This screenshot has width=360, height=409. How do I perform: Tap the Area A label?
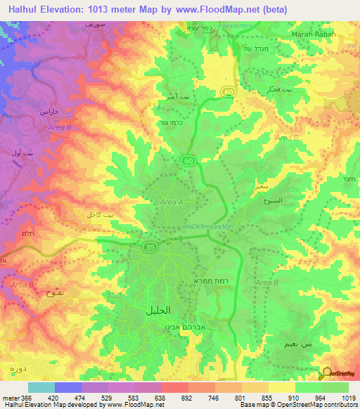[172, 202]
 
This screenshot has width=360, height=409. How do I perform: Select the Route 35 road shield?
[150, 247]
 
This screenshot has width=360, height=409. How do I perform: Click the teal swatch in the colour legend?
[41, 387]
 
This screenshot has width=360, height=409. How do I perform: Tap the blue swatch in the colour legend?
[67, 387]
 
